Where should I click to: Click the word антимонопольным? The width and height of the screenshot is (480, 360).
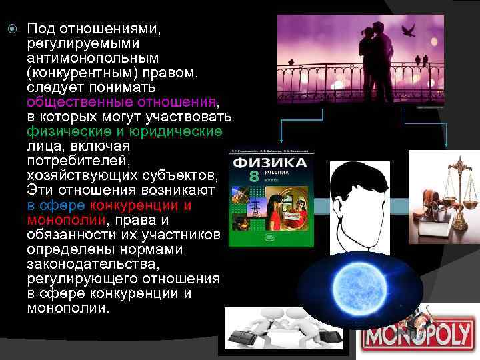81,58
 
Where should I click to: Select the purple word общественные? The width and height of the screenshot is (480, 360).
73,103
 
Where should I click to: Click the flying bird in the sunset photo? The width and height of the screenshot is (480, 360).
408,31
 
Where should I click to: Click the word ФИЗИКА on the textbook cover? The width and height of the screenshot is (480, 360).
269,163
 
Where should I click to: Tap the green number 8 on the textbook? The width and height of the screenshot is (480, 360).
253,177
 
